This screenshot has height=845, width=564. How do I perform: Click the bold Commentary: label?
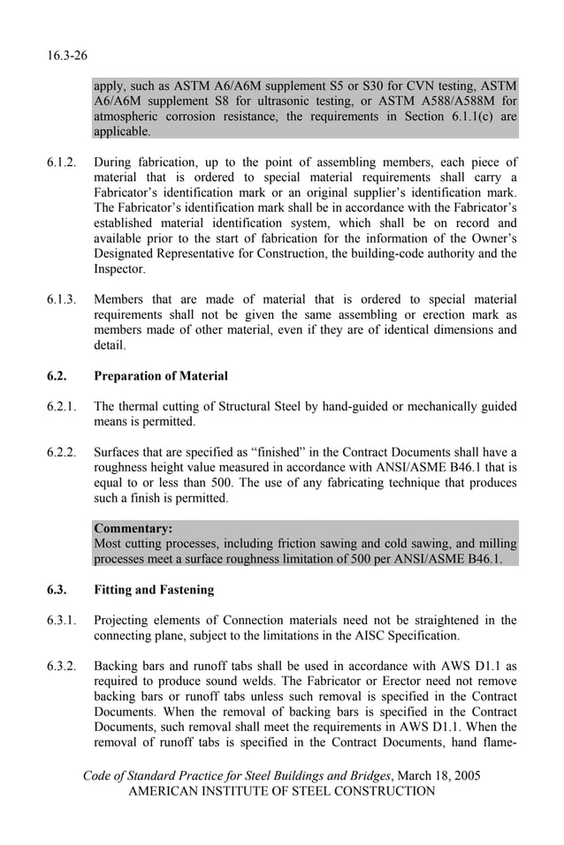click(133, 528)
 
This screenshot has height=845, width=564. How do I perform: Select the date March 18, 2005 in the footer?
click(438, 776)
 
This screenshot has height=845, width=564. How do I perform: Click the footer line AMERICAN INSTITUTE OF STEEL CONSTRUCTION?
click(282, 792)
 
